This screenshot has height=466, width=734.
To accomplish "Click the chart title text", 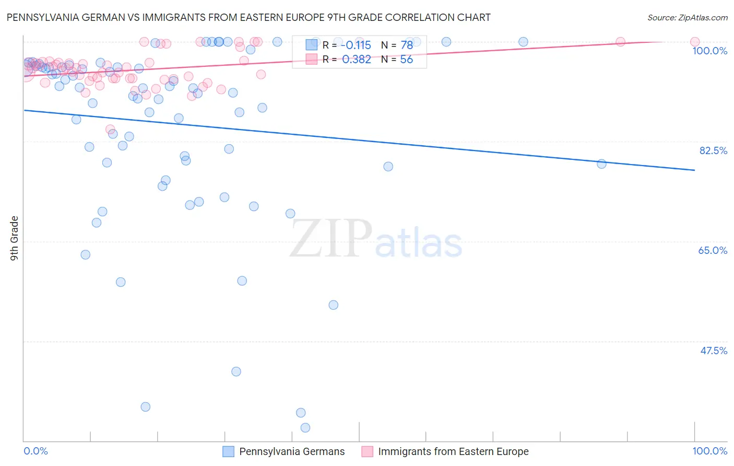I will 248,17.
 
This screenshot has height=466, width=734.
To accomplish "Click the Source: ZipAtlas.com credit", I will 687,17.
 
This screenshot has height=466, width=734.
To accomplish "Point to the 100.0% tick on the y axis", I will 709,51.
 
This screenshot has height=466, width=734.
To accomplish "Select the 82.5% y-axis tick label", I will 713,150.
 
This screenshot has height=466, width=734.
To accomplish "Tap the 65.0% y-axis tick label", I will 713,250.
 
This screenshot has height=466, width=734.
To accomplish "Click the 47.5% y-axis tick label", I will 713,351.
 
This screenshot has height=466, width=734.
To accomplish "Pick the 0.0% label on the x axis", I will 36,451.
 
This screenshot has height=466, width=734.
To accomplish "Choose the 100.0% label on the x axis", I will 709,451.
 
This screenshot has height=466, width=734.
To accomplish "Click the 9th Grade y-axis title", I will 14,238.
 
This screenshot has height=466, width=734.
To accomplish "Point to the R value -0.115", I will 356,45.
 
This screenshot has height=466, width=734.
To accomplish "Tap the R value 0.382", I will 357,60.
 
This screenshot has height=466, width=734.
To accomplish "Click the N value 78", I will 407,45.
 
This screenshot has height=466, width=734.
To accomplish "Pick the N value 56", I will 406,60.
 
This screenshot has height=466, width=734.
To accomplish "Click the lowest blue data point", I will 305,428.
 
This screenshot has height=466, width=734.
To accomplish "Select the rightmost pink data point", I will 695,42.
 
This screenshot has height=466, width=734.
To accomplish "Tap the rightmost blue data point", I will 601,164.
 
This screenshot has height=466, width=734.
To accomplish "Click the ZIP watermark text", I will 331,239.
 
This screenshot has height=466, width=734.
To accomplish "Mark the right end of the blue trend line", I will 695,170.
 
